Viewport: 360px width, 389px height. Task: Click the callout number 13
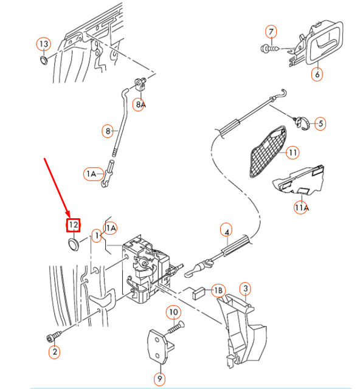[44, 44]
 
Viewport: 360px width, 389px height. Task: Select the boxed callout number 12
[73, 225]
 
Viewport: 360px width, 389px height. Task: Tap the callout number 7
[271, 32]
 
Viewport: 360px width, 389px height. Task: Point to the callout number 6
[317, 74]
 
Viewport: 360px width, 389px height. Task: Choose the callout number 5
[320, 123]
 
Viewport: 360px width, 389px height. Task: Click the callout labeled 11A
[301, 207]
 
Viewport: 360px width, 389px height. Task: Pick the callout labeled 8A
[140, 105]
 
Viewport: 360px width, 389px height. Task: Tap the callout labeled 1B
[218, 291]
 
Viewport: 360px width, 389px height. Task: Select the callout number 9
[160, 379]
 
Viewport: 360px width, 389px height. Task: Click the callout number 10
[173, 312]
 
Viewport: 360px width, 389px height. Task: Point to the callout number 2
[54, 351]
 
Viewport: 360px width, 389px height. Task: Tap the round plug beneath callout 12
[73, 244]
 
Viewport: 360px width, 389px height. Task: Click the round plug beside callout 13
[44, 61]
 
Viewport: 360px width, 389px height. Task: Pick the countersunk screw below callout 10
[176, 327]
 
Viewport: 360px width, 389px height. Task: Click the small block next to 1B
[199, 294]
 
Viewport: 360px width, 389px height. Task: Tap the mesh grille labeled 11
[268, 151]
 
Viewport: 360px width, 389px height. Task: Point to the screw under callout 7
[270, 48]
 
